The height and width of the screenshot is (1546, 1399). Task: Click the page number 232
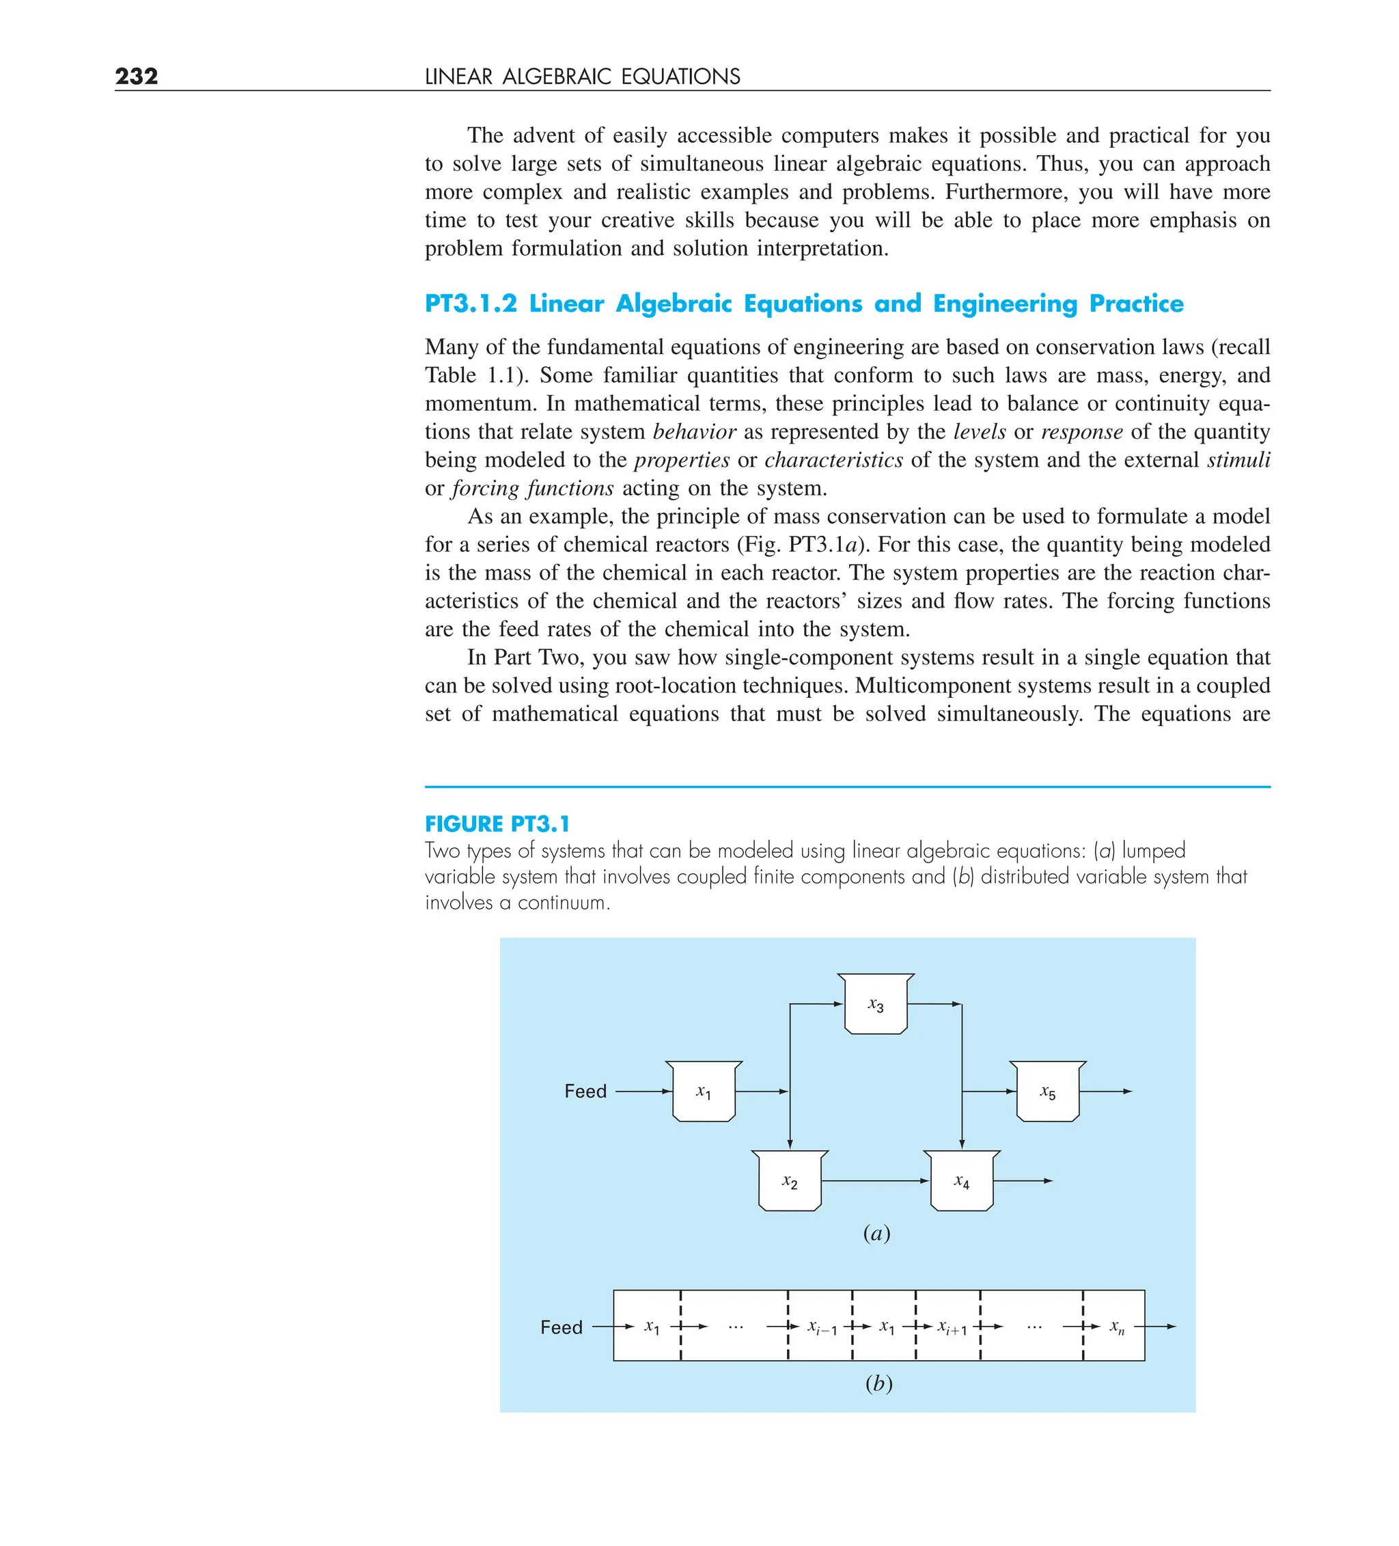(x=137, y=76)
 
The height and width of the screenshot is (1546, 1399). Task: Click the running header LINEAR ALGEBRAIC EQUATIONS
(x=582, y=77)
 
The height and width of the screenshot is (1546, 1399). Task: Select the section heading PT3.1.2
(x=471, y=303)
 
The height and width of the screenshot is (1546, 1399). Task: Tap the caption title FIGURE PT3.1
(x=497, y=824)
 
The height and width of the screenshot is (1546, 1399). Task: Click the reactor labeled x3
(x=876, y=1005)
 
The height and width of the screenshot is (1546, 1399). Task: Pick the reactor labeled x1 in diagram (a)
(x=704, y=1093)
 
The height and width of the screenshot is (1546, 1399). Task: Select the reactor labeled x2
(x=790, y=1182)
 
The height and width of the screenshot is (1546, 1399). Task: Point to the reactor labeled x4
(x=961, y=1182)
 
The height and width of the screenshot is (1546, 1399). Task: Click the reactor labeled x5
(x=1047, y=1093)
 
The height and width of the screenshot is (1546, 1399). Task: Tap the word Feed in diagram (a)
(x=585, y=1091)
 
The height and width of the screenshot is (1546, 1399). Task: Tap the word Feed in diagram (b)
(x=561, y=1327)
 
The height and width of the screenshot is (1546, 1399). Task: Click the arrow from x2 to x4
(x=874, y=1181)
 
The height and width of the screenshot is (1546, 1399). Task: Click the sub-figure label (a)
(x=876, y=1234)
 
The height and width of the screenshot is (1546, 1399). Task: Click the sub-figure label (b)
(x=878, y=1384)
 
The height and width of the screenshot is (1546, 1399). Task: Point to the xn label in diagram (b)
(x=1117, y=1327)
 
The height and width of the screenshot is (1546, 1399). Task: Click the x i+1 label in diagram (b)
(x=952, y=1328)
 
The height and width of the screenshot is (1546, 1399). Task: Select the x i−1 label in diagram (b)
(x=822, y=1328)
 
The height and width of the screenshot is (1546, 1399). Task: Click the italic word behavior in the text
(x=694, y=432)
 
